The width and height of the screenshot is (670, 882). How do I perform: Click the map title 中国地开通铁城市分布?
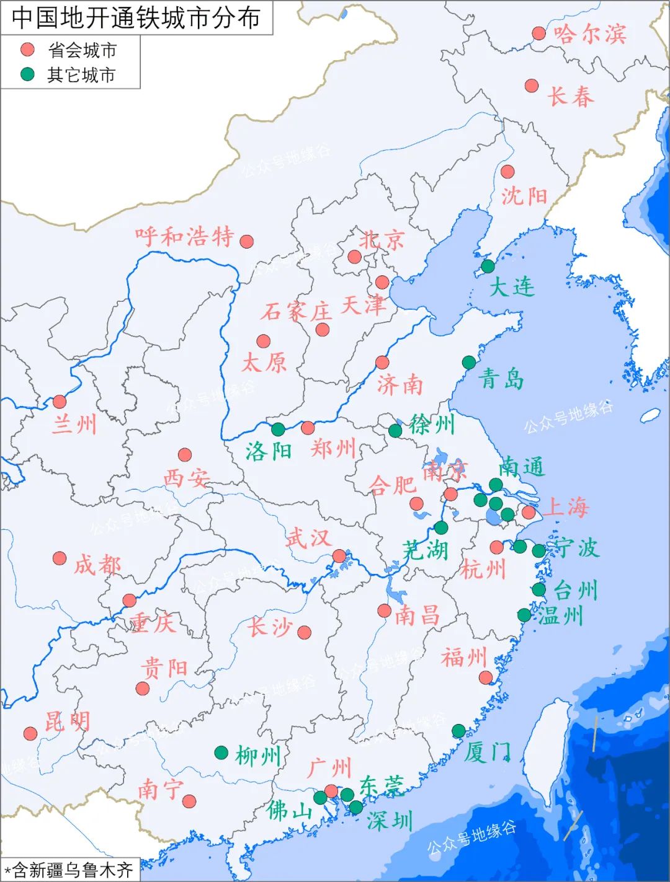(x=136, y=17)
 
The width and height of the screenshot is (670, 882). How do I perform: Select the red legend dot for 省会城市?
(x=27, y=50)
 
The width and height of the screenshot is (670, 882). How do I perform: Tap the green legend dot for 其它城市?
(x=27, y=74)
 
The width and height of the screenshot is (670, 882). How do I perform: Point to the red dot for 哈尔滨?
(x=539, y=33)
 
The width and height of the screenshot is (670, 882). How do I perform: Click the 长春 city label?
(x=570, y=97)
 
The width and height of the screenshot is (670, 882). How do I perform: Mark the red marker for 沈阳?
(x=507, y=172)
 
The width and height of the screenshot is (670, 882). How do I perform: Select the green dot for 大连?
(x=488, y=267)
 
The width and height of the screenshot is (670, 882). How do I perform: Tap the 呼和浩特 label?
(x=185, y=236)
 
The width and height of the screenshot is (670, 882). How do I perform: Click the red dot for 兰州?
(x=60, y=402)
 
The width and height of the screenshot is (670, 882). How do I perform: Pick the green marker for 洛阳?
(x=278, y=429)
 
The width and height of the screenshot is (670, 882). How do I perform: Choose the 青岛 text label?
(x=501, y=378)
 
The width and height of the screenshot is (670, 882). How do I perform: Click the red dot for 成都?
(x=60, y=558)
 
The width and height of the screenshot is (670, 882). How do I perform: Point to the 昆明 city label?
(x=68, y=721)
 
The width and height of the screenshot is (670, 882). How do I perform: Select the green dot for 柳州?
(x=221, y=752)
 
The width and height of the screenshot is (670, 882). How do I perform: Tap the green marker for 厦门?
(x=458, y=731)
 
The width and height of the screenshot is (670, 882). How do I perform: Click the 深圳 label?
(x=390, y=821)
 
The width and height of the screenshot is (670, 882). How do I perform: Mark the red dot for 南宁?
(x=189, y=801)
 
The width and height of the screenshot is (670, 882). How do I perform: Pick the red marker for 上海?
(x=529, y=512)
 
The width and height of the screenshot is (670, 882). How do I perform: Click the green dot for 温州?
(x=525, y=615)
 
